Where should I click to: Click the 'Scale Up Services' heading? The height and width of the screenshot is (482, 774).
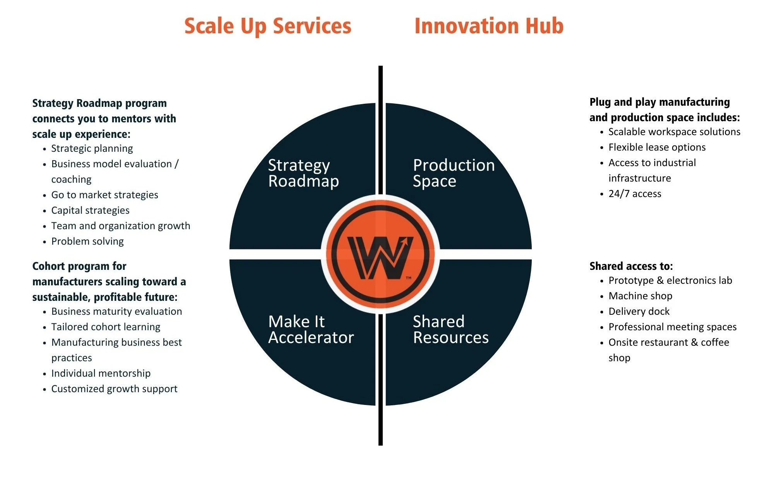268,26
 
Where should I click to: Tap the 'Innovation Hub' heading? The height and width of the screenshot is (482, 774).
489,26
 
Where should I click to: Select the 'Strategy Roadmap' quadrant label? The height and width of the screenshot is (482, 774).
303,173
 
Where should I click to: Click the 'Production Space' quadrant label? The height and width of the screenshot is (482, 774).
454,173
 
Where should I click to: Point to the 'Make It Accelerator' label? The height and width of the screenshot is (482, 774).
311,329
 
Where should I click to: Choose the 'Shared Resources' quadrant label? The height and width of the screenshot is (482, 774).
450,329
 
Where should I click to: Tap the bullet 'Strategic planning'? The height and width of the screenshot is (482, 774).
92,148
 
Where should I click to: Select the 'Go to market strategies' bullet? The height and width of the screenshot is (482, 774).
104,195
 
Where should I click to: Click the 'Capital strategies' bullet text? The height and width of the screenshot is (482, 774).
90,210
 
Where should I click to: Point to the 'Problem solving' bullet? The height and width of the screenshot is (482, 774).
87,241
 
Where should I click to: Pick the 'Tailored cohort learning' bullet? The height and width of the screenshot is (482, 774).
106,327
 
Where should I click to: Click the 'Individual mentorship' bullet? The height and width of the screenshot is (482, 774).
101,373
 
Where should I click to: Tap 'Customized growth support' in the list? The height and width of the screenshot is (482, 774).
114,389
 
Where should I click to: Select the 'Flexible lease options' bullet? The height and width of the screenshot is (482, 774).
657,147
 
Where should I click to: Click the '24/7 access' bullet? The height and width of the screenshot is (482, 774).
635,194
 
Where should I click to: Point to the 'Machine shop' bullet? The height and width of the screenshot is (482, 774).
640,296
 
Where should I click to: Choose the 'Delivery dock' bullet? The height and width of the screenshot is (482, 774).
639,311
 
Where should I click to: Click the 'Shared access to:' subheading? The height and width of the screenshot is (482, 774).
631,266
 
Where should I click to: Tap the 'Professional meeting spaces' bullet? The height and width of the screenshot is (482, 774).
672,327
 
